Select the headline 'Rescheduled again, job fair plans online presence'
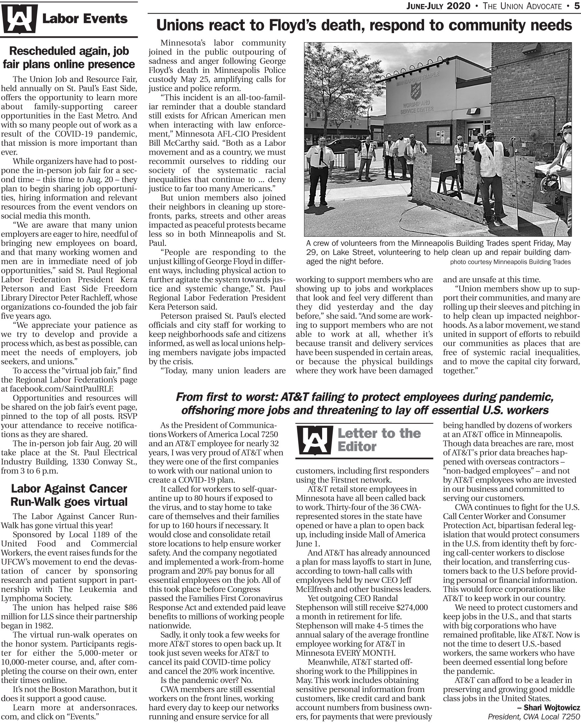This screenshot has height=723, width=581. pyautogui.click(x=69, y=58)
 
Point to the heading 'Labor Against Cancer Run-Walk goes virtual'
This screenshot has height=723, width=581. pyautogui.click(x=69, y=495)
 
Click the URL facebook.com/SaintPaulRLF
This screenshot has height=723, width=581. pyautogui.click(x=62, y=389)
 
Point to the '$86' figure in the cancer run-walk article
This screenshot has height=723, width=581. pyautogui.click(x=130, y=607)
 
